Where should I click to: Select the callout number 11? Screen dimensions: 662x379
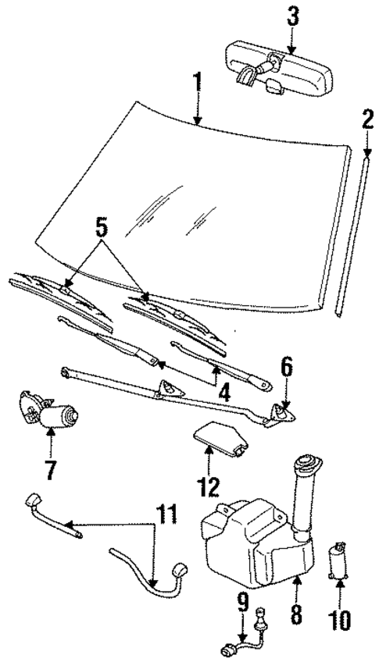[x=166, y=516]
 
